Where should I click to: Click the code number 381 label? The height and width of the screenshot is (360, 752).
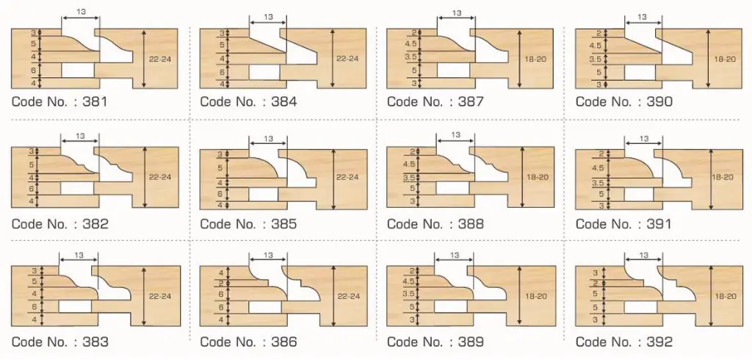point(59,102)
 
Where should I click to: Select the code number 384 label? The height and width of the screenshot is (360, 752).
point(248,102)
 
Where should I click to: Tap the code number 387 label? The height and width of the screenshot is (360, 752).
point(435,102)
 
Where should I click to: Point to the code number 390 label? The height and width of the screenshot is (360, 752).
point(624,102)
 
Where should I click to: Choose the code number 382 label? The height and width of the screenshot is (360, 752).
point(59,224)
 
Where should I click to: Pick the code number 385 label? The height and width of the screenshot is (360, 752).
point(248,224)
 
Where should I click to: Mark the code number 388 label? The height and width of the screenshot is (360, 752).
point(435,224)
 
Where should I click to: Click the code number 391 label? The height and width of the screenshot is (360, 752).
point(624,224)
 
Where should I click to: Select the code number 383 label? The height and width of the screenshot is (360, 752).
point(59,342)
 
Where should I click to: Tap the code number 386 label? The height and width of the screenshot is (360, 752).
point(248,342)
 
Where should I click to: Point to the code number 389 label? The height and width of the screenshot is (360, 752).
point(435,342)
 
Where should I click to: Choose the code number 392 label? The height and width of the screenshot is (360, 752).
point(624,342)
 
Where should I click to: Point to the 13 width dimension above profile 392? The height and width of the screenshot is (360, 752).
point(644,256)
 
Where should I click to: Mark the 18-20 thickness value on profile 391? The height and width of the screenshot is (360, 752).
point(724,177)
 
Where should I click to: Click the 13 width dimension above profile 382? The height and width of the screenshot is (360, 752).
point(80,136)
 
